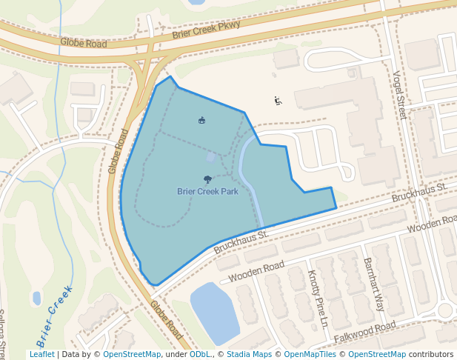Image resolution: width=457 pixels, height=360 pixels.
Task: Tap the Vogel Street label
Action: pos(400,95)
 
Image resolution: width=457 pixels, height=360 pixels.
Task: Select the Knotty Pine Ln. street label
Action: pos(318,299)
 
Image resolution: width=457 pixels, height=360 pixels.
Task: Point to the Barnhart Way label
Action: pos(374,284)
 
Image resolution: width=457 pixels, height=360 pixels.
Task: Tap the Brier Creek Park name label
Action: pos(207,191)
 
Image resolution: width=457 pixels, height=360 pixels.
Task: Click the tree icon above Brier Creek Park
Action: pos(207,179)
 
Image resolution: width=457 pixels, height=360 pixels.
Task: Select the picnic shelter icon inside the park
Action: pos(201,120)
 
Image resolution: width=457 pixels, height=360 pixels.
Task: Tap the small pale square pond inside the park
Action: pos(210,157)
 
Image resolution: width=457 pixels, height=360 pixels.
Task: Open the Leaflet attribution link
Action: pos(42,354)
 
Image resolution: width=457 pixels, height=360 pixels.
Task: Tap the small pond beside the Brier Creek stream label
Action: pos(37,299)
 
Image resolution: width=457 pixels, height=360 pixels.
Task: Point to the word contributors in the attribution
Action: pos(430,354)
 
